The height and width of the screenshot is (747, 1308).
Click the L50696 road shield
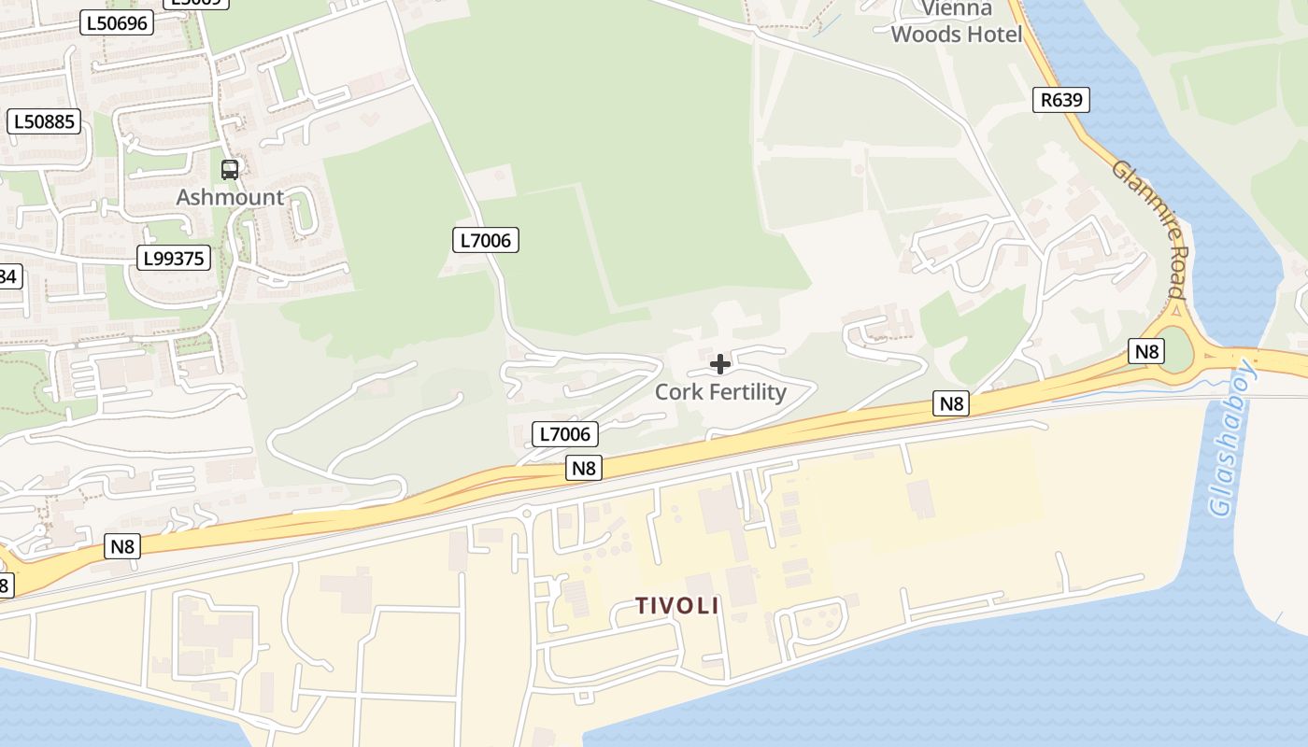coord(116,22)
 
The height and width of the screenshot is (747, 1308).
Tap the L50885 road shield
coord(45,121)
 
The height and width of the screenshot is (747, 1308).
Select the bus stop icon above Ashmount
coord(230,170)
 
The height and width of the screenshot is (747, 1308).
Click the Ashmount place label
coord(230,197)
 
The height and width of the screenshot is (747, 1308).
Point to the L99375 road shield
coord(174,258)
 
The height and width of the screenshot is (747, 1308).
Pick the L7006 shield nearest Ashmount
coord(486,240)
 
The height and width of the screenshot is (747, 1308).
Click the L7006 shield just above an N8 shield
coord(565,433)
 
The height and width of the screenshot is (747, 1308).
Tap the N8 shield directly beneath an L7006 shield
coord(583,468)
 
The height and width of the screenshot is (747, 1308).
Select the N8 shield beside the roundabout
coord(1146,351)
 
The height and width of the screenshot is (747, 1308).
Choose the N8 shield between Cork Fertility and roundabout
coord(950,403)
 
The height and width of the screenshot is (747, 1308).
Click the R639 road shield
coord(1061,100)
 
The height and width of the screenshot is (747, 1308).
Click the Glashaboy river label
coord(1232,439)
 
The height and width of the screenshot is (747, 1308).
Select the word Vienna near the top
coord(957,9)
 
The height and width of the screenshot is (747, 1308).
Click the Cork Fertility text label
coord(720,392)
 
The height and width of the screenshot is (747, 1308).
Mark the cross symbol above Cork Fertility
coord(720,364)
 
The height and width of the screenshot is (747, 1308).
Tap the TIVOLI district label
coord(677,605)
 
